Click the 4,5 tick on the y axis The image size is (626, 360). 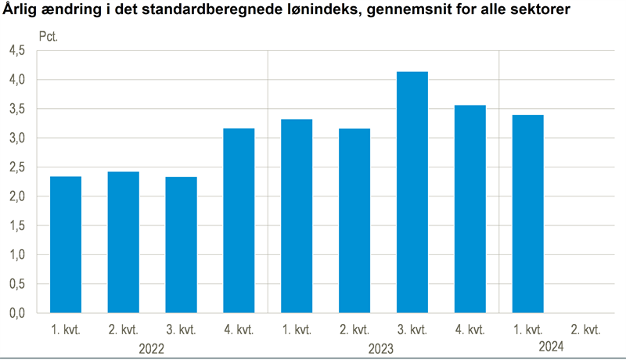[17, 51]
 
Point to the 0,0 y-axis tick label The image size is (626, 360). [17, 313]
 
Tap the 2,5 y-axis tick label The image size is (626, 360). [17, 167]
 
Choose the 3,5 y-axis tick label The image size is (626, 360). [17, 110]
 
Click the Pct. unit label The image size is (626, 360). [49, 37]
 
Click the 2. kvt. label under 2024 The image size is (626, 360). [586, 328]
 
